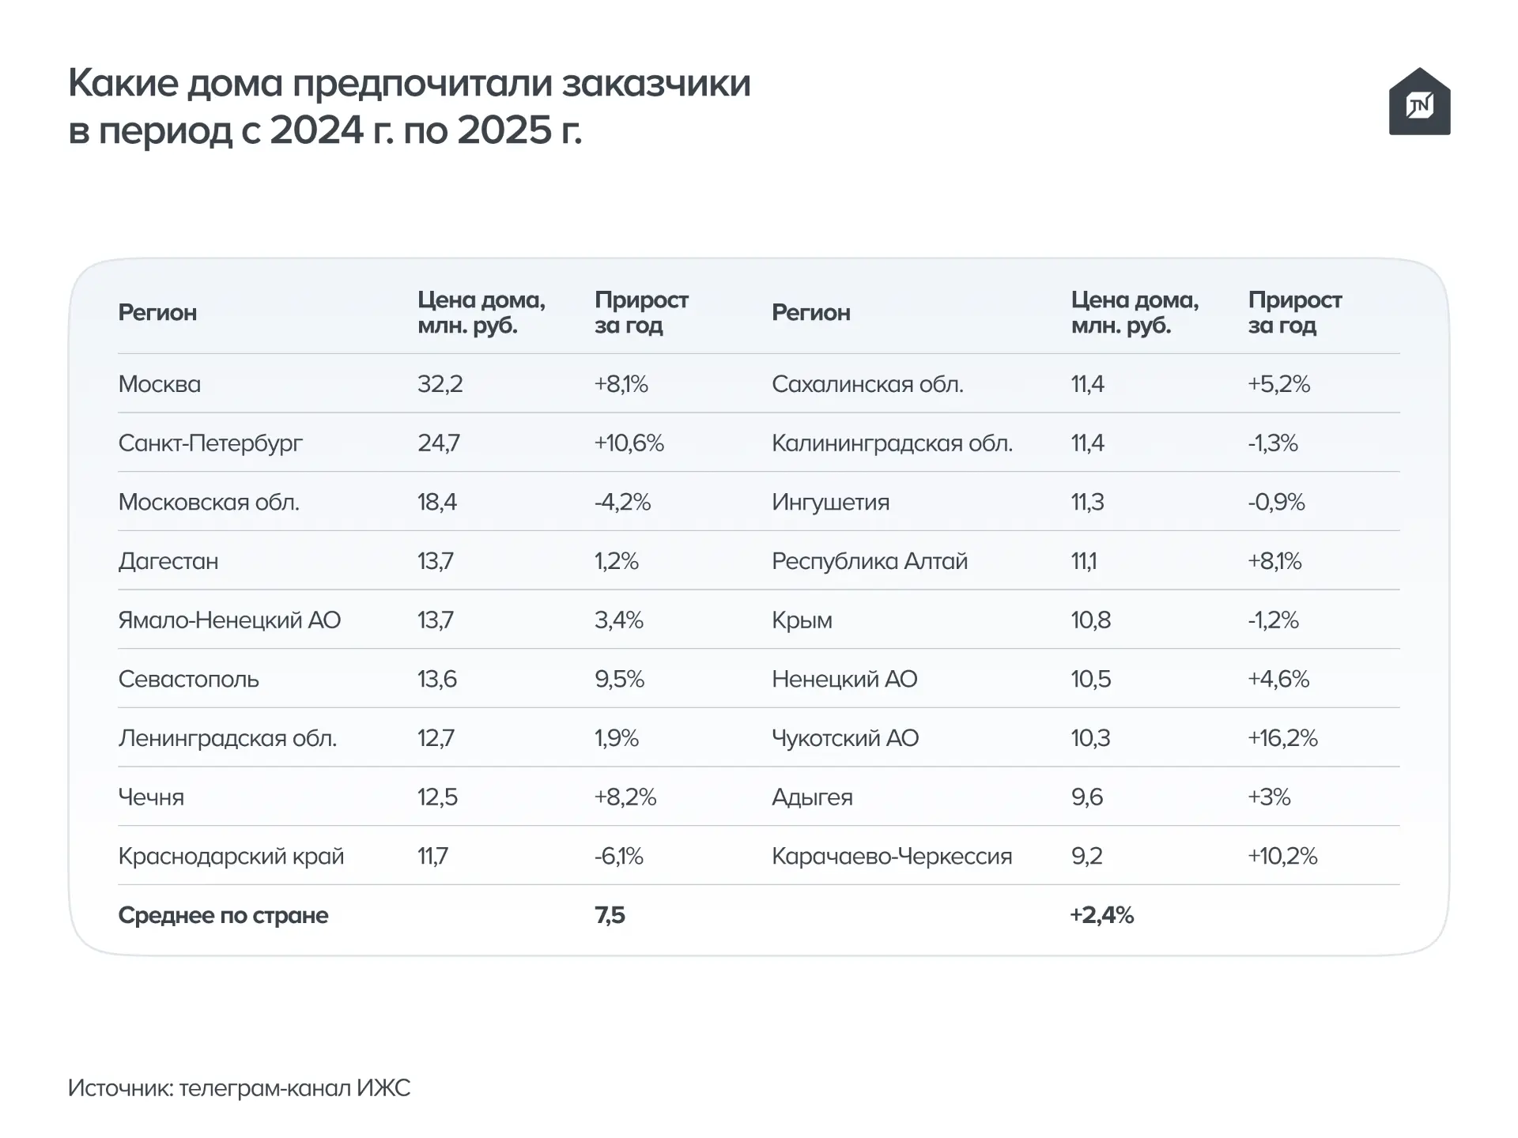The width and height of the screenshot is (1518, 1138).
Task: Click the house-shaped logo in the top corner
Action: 1419,101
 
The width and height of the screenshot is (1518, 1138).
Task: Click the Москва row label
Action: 160,384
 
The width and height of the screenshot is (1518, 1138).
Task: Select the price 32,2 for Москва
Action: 440,384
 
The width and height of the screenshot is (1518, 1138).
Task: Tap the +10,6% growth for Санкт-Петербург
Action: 629,443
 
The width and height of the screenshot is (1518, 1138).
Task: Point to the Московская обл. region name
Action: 209,502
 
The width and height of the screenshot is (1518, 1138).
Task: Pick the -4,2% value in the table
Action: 623,502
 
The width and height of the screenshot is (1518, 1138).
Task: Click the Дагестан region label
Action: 168,561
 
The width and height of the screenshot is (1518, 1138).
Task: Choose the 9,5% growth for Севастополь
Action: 620,679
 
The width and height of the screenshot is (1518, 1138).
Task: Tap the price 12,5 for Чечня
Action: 438,797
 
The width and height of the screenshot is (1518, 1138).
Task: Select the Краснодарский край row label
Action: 231,857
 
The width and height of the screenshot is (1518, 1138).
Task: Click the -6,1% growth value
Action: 619,856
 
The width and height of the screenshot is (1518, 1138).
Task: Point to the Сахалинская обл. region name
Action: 867,384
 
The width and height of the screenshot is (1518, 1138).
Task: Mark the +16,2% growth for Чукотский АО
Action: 1283,738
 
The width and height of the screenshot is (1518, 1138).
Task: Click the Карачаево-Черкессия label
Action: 892,857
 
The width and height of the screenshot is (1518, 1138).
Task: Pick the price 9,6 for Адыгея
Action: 1087,797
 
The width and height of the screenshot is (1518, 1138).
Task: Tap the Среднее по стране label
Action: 223,915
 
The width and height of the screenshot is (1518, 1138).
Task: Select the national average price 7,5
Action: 610,915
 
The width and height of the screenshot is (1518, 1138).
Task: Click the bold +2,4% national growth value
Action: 1102,915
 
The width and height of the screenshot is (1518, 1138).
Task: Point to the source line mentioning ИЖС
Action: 240,1088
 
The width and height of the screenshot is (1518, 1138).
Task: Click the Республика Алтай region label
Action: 870,561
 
